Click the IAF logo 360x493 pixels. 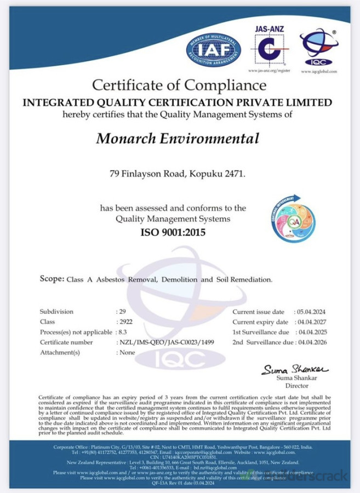(x=213, y=50)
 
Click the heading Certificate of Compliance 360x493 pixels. (x=179, y=86)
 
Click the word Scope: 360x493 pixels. (x=52, y=279)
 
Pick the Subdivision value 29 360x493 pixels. (x=123, y=312)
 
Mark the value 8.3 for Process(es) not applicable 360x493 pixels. (x=123, y=332)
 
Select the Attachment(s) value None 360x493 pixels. (x=127, y=352)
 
